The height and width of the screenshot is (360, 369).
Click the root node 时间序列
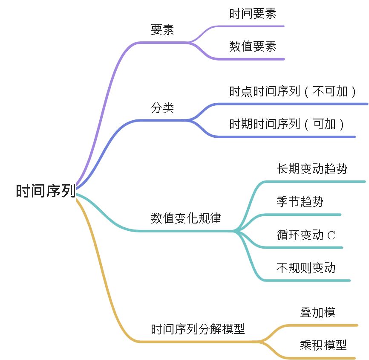click(x=46, y=190)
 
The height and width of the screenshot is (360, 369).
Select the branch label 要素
click(x=162, y=30)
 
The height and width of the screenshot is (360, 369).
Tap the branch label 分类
click(x=162, y=107)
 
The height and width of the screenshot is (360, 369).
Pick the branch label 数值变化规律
click(x=186, y=218)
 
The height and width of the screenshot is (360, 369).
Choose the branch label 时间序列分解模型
click(x=198, y=329)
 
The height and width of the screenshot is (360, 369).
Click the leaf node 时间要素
click(x=253, y=14)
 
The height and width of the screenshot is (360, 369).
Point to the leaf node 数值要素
click(x=253, y=46)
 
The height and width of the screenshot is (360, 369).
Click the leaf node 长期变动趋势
click(x=312, y=169)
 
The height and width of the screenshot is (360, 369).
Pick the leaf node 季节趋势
click(x=300, y=201)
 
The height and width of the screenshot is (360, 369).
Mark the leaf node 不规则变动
click(x=306, y=268)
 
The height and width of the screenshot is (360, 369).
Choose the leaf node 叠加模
click(x=318, y=312)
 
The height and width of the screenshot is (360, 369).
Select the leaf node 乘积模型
click(x=323, y=345)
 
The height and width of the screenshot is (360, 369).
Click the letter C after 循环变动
click(x=331, y=235)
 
